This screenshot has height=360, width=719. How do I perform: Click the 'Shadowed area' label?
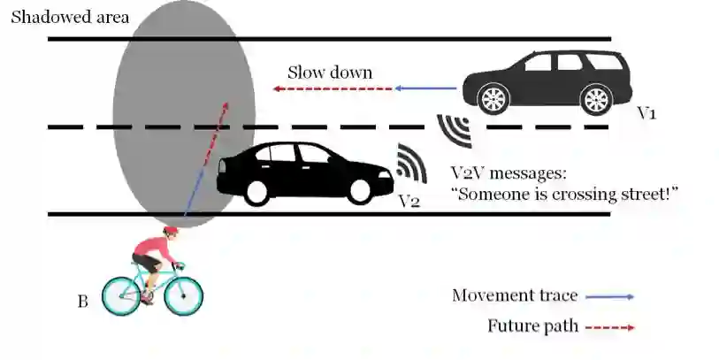point(69,17)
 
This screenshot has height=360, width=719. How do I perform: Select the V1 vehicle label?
point(647,114)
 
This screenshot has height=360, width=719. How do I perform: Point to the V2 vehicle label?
point(409,200)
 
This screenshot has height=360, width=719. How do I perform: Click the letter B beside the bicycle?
point(82,303)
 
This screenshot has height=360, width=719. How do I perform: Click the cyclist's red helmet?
point(171,231)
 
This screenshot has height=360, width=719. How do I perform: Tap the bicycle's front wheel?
point(182,296)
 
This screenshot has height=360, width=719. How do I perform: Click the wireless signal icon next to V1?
point(455,129)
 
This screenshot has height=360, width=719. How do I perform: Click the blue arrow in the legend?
point(609,296)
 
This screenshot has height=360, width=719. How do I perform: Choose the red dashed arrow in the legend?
point(609,326)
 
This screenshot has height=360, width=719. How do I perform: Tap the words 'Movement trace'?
point(515,295)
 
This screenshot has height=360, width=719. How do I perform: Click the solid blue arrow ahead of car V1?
point(428,88)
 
